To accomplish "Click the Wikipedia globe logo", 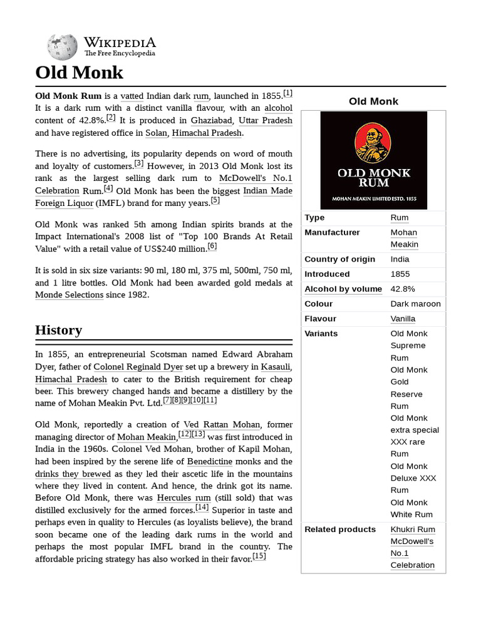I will click(x=62, y=46).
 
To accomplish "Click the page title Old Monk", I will click(x=80, y=73).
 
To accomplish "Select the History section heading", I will click(x=59, y=330).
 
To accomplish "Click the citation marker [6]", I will click(x=212, y=247).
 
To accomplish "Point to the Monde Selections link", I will click(x=69, y=295).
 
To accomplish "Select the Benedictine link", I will click(x=214, y=461).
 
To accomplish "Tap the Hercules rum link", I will click(x=183, y=498).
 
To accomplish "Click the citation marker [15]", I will click(x=259, y=556).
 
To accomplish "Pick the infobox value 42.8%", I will click(x=403, y=289).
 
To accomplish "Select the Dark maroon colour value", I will click(x=415, y=304).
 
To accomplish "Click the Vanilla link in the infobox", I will click(x=403, y=319).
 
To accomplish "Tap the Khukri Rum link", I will click(x=413, y=530).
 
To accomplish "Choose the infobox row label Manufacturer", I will click(x=332, y=232).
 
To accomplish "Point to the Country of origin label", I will click(x=339, y=259).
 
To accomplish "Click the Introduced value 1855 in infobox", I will click(x=400, y=274).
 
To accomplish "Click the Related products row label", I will click(x=340, y=530).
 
